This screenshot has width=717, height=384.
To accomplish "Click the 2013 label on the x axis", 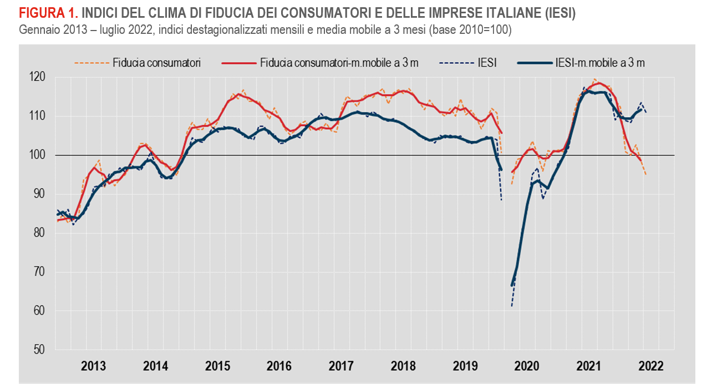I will pyautogui.click(x=94, y=366).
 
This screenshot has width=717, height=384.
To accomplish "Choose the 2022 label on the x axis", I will pyautogui.click(x=650, y=366).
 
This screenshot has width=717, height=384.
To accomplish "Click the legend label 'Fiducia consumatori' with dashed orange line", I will pyautogui.click(x=156, y=62).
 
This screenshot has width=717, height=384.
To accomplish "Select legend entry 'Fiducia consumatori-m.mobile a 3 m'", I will pyautogui.click(x=339, y=62).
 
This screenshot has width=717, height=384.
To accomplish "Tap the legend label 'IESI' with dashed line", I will pyautogui.click(x=486, y=62).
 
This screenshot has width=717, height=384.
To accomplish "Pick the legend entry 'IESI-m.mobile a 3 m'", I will pyautogui.click(x=599, y=62).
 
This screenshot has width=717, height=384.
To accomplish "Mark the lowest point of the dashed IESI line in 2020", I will pyautogui.click(x=512, y=306).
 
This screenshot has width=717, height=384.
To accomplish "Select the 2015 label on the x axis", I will pyautogui.click(x=218, y=366).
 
